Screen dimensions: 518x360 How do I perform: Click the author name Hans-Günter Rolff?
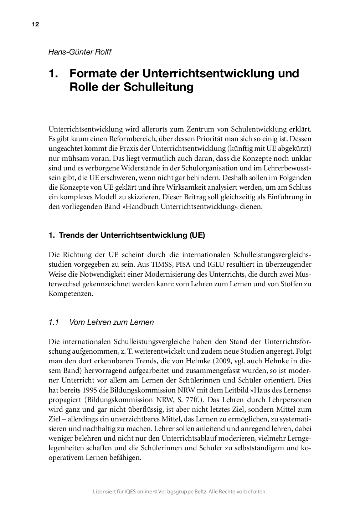(x=80, y=52)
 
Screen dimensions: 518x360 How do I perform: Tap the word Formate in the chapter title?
(x=92, y=73)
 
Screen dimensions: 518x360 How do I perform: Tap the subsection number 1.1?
(x=53, y=322)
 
